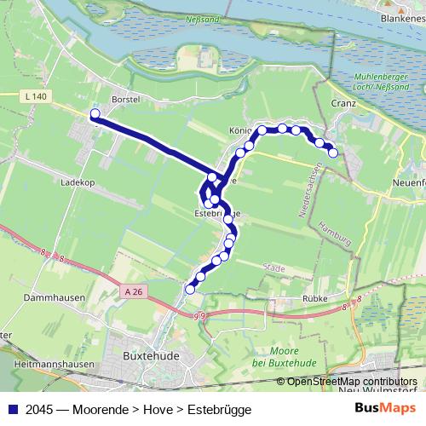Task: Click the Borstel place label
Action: [x=124, y=99]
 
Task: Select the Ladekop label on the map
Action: [x=77, y=181]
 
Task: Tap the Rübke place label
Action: [x=315, y=300]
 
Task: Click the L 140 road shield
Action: [x=36, y=97]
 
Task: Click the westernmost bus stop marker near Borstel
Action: [x=95, y=113]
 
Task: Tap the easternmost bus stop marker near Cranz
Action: [x=333, y=153]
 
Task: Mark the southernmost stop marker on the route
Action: [x=190, y=289]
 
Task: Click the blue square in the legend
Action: [x=10, y=409]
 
